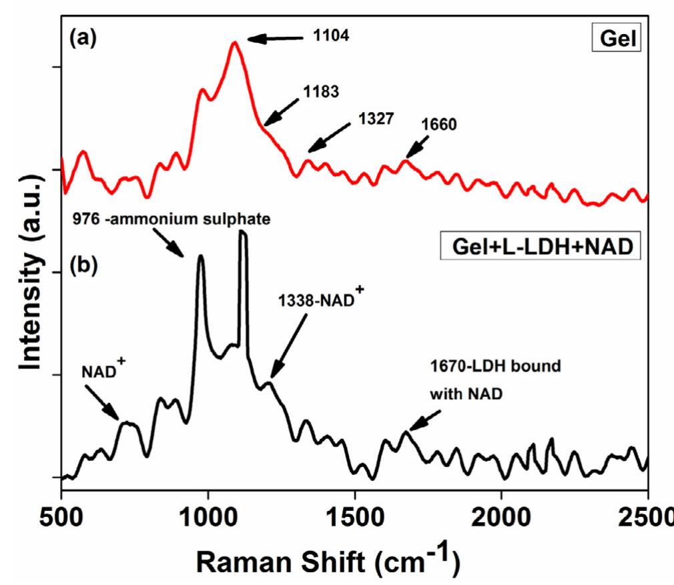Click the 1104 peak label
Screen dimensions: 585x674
(332, 37)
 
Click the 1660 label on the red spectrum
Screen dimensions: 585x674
(438, 125)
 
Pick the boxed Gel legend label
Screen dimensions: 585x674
(620, 39)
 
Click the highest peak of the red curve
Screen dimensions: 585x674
(234, 43)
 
